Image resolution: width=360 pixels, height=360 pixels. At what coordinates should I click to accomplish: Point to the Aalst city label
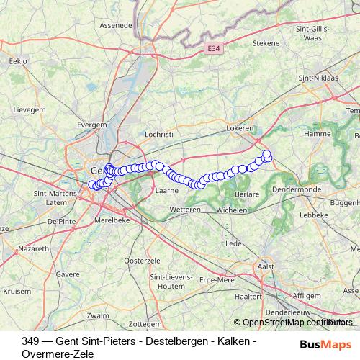266,266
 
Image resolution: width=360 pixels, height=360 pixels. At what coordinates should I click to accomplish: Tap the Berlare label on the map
247,194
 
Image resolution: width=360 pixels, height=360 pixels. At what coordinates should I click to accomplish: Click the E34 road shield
211,48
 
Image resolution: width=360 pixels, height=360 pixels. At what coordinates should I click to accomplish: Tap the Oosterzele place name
141,259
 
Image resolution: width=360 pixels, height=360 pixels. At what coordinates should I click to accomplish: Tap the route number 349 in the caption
30,341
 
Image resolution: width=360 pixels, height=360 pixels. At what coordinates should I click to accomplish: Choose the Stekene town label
266,43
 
